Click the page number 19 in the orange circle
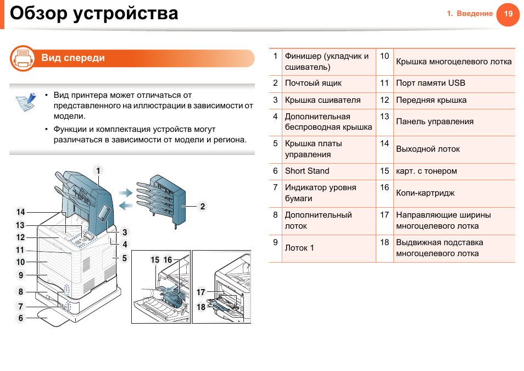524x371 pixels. [508, 14]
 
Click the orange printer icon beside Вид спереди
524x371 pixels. [23, 58]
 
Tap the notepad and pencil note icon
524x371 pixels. [25, 103]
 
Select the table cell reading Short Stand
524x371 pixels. [307, 171]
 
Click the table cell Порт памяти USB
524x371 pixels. [431, 83]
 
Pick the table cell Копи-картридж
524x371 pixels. [425, 193]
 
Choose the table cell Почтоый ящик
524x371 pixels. [313, 83]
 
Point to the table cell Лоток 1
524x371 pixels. [299, 248]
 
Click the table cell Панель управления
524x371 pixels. [434, 121]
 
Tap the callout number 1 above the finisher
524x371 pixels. [98, 170]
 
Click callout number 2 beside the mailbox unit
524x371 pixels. [202, 207]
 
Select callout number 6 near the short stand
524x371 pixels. [21, 318]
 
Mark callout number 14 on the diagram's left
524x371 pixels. [20, 212]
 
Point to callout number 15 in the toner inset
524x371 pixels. [155, 260]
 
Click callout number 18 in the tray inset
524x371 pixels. [201, 307]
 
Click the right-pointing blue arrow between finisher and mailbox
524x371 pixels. [126, 192]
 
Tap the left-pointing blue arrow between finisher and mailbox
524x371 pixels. [126, 206]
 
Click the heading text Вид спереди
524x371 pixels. [73, 58]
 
